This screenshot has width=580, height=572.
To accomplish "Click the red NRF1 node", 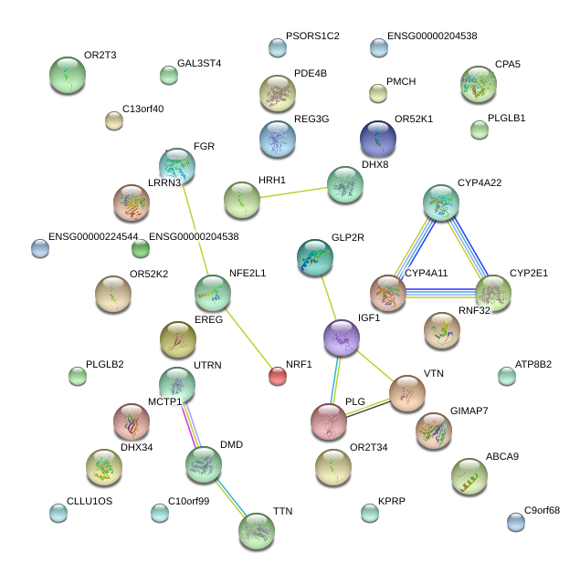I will (278, 375).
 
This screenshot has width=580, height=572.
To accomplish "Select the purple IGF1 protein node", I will (342, 338).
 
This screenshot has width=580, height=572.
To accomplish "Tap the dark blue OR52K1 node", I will (378, 138).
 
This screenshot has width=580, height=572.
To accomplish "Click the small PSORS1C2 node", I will (278, 47).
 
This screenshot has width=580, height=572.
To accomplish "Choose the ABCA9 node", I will (469, 474).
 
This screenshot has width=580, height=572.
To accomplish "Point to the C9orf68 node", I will (516, 522).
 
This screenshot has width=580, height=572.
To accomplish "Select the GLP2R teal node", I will (315, 257).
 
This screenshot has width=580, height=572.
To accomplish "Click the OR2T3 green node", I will (67, 75).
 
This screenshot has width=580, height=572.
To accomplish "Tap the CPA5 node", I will (479, 84).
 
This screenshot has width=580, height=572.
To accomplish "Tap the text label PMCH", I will (401, 82).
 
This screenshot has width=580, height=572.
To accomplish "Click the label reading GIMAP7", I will (469, 411).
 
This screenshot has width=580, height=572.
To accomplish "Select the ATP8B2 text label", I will (533, 365).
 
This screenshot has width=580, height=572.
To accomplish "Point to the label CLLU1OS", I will (90, 502).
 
